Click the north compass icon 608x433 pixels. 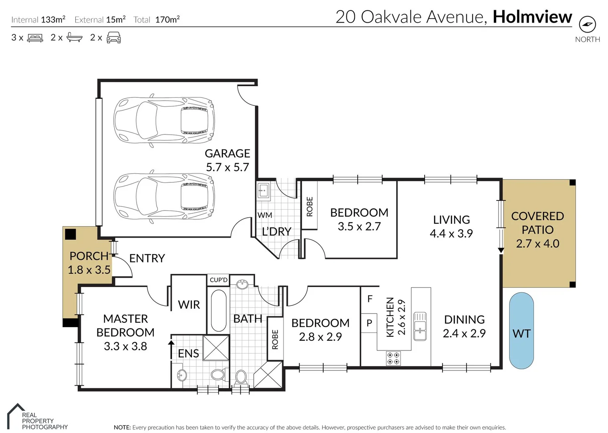pos(587,24)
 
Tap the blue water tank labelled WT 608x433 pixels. pos(521,331)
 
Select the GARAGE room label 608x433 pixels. pos(227,154)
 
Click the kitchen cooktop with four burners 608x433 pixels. pos(393,358)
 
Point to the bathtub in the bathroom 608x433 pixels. pos(219,311)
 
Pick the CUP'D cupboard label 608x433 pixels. pos(219,280)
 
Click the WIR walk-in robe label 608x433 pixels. pos(189,305)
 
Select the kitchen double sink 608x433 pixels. pos(420,326)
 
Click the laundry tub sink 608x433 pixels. pos(263,190)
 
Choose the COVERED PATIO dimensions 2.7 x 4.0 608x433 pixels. pos(538,244)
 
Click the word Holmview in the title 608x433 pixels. pos(532,17)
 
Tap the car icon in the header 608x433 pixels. pos(114,38)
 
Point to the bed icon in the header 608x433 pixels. pos(35,38)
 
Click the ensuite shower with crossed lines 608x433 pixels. pos(216,348)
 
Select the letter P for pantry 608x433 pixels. pos(369,323)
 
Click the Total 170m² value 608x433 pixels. pos(167,19)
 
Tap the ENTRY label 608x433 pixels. pos(147,258)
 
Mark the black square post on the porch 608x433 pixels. pos(70,235)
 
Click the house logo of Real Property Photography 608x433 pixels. pos(16,416)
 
